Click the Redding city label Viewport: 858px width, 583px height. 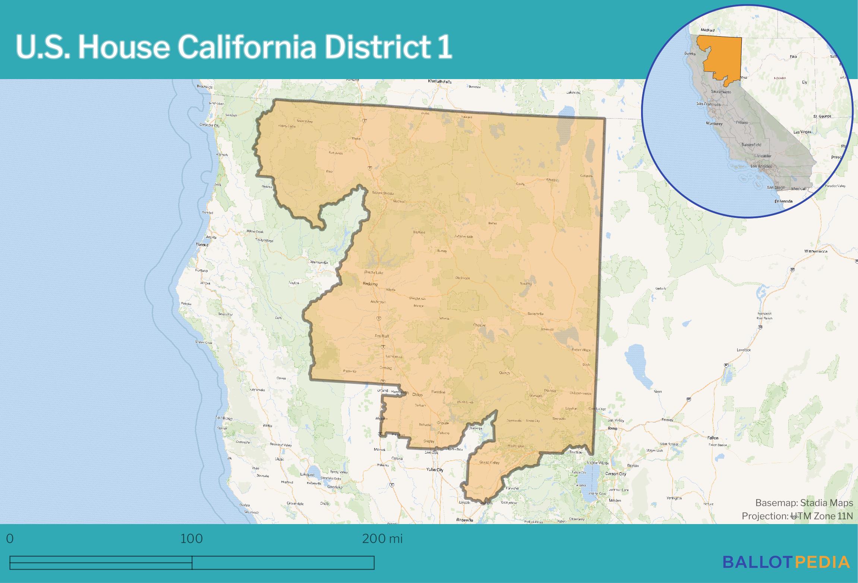click(x=370, y=284)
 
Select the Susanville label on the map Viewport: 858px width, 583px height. click(x=536, y=314)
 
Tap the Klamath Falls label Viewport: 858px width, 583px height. click(x=439, y=81)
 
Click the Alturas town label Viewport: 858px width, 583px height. click(x=551, y=180)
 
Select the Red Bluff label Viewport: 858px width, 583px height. click(x=382, y=336)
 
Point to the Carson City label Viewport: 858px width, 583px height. click(x=615, y=474)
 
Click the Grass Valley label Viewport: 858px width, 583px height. click(x=489, y=463)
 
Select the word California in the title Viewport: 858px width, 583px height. click(x=244, y=48)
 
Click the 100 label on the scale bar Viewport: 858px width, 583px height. click(x=192, y=539)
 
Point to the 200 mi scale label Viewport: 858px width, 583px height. click(x=382, y=539)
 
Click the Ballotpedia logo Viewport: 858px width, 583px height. click(x=786, y=562)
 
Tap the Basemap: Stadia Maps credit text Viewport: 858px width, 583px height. click(x=804, y=503)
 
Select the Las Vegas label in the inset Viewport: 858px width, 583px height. click(x=802, y=132)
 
